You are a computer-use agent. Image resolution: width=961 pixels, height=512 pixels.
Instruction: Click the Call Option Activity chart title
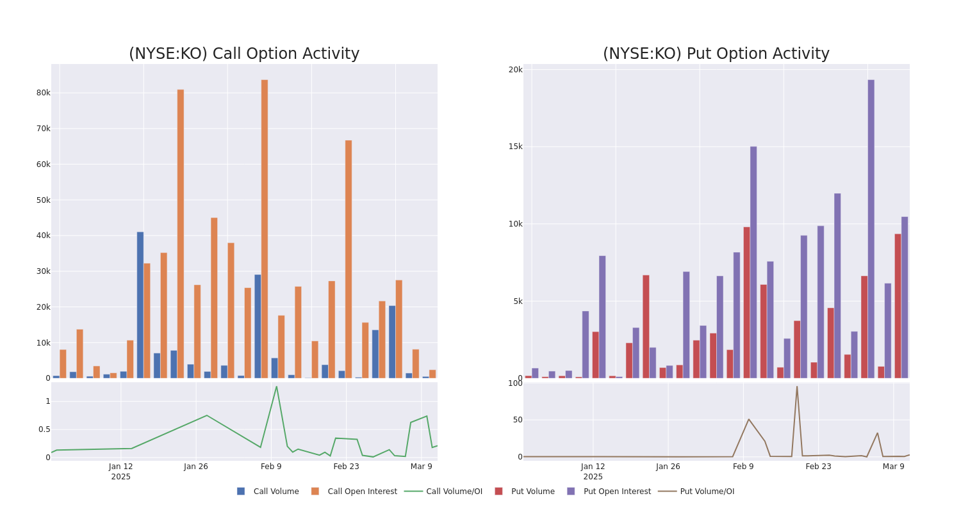[x=244, y=54]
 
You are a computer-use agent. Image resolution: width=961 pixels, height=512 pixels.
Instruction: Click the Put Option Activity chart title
[x=716, y=54]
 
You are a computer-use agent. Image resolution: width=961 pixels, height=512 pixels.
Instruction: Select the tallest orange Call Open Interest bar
[x=265, y=228]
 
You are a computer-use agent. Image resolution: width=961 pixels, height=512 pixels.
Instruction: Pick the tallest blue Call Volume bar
[x=140, y=305]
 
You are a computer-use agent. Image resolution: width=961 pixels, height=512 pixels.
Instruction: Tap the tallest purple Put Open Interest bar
[x=871, y=228]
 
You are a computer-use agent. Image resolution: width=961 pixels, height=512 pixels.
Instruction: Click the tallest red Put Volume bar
[x=747, y=302]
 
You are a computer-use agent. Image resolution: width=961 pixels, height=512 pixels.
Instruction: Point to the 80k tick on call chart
[x=43, y=93]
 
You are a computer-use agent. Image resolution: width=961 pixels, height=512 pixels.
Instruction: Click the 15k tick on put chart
[x=515, y=147]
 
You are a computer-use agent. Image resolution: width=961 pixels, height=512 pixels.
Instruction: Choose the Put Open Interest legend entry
[x=617, y=492]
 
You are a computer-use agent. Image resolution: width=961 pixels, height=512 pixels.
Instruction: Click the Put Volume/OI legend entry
[x=707, y=492]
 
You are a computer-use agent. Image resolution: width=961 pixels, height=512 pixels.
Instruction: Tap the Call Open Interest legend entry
[x=362, y=492]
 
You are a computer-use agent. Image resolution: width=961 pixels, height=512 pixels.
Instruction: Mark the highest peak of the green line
[x=276, y=387]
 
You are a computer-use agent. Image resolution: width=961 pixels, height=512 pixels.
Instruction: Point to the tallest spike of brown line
[x=797, y=387]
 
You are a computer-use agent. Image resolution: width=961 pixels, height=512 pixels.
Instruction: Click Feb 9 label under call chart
[x=271, y=467]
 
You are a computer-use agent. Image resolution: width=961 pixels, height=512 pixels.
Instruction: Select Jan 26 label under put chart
[x=668, y=467]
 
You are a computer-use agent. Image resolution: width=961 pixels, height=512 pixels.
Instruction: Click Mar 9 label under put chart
[x=893, y=467]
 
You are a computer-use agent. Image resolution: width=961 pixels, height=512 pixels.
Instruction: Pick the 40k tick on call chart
[x=43, y=236]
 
